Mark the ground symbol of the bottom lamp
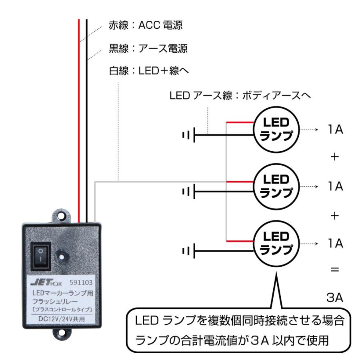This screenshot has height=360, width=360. [x=188, y=251]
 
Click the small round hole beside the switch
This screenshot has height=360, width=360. [x=61, y=254]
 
